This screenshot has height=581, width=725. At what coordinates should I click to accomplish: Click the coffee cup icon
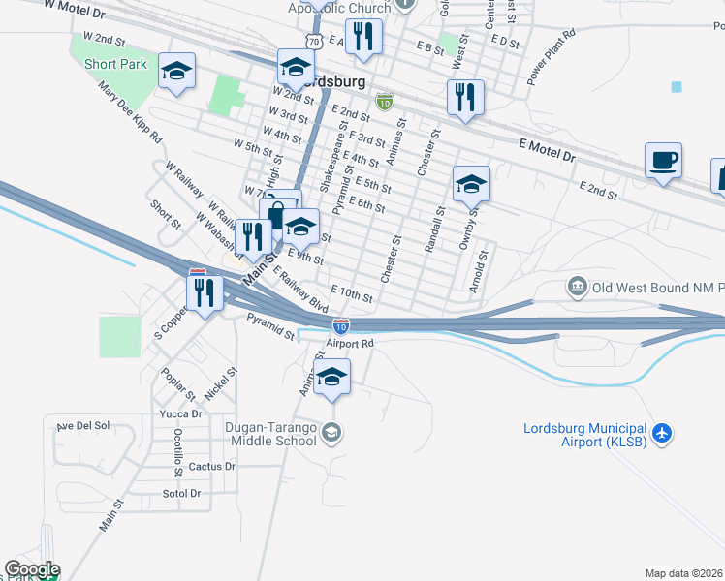click(663, 160)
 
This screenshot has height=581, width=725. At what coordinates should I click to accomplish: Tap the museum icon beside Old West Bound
click(578, 287)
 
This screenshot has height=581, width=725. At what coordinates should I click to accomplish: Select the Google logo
click(31, 569)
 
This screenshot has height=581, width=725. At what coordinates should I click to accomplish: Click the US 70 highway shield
click(311, 41)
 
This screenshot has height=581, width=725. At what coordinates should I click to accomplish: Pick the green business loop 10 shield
click(385, 101)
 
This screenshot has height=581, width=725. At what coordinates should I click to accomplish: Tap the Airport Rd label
click(350, 343)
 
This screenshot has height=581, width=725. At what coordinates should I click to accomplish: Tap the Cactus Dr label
click(212, 466)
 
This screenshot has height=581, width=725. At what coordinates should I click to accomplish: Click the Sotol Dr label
click(181, 493)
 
